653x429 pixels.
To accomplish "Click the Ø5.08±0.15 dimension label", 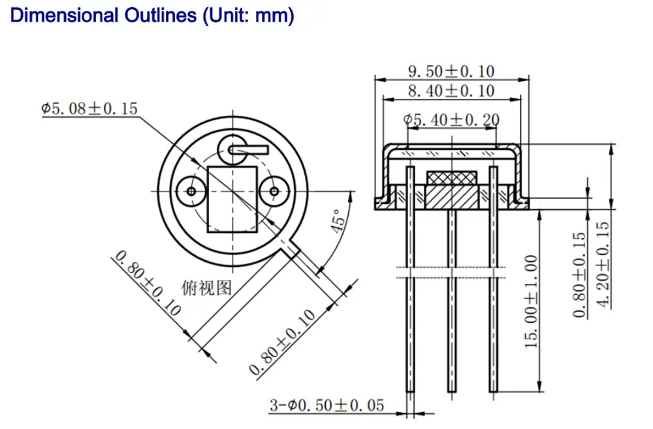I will click(90, 109).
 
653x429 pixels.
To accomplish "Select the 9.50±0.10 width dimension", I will click(451, 71).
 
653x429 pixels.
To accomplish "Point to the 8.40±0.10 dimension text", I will click(451, 91).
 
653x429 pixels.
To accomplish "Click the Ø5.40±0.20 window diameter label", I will click(451, 120).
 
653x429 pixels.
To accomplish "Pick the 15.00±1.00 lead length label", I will click(532, 301).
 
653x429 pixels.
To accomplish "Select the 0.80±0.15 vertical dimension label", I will click(580, 275).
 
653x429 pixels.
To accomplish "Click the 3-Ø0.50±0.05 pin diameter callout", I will click(327, 405).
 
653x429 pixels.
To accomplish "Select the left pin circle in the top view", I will click(191, 191).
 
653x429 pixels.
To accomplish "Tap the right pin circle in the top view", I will click(272, 191).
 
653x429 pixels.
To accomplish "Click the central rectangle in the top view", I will click(232, 199).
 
